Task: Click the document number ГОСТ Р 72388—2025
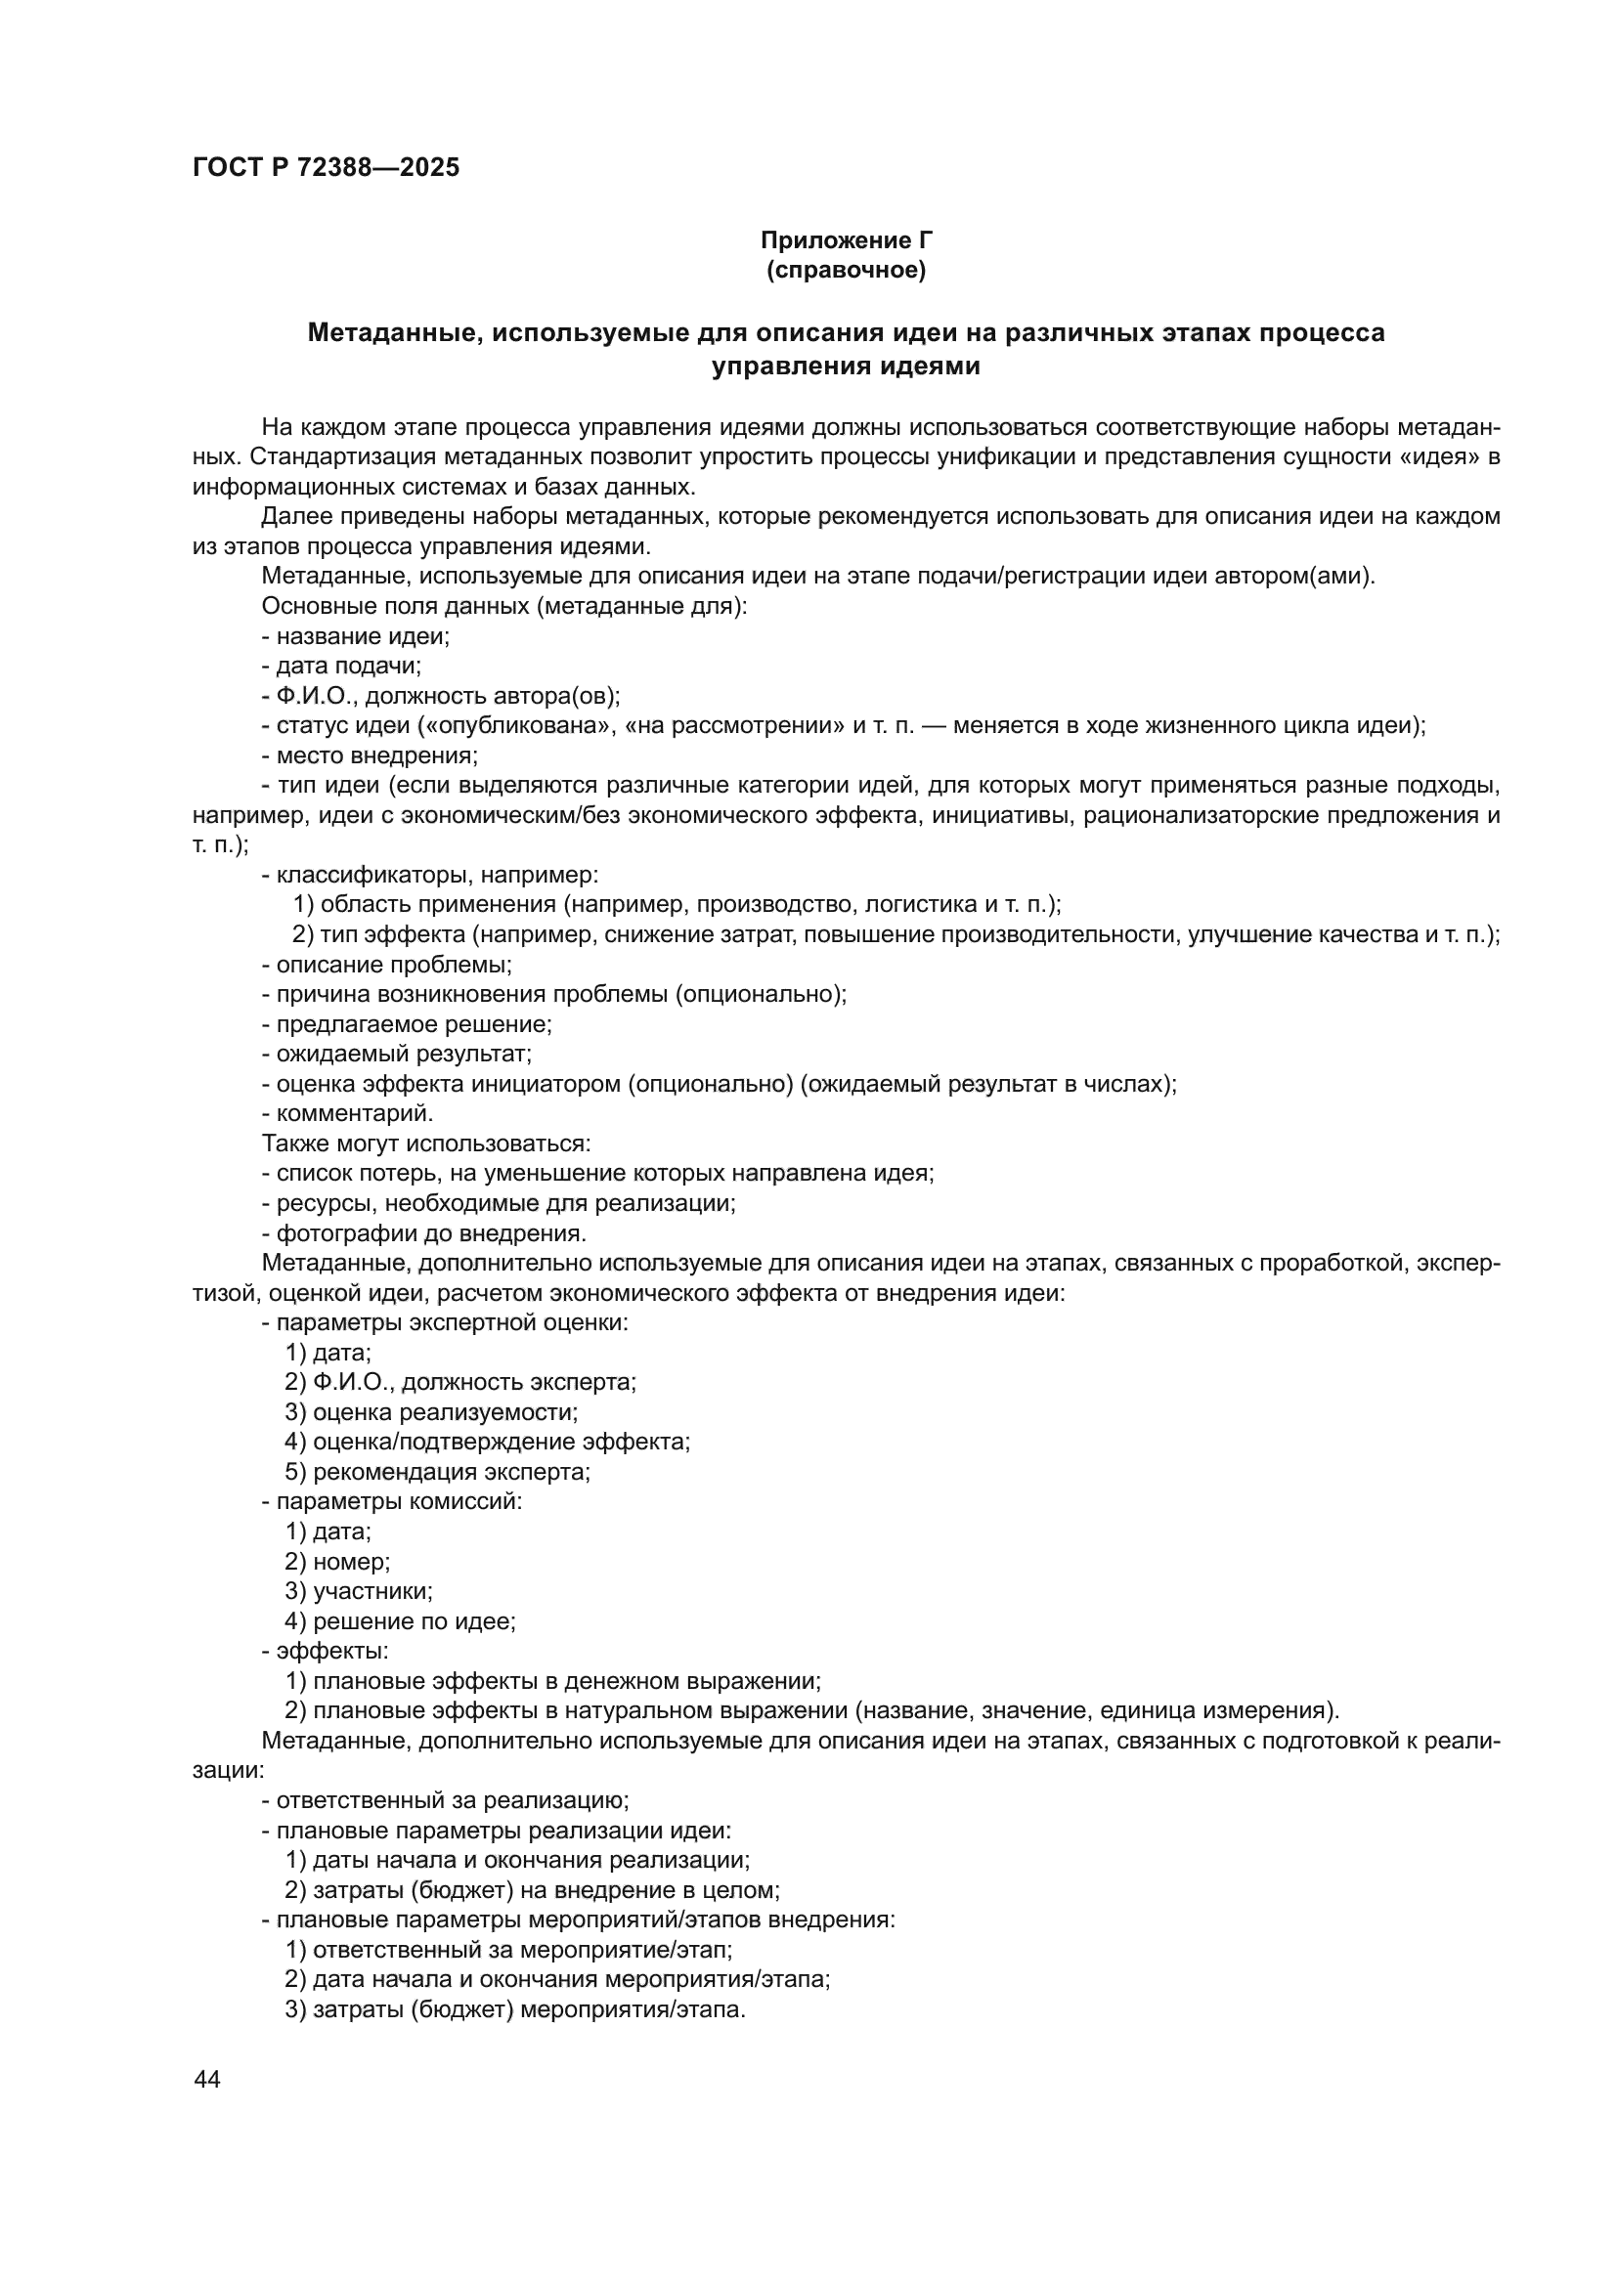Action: [x=326, y=168]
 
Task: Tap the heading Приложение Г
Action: [x=847, y=240]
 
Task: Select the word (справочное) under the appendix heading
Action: [x=847, y=270]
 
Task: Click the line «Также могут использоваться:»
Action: [x=426, y=1143]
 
